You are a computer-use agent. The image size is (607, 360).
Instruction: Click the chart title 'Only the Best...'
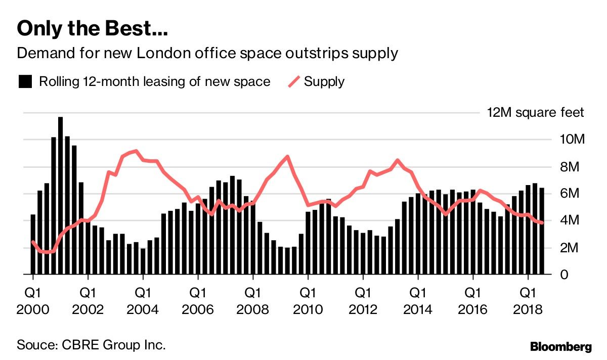pyautogui.click(x=93, y=29)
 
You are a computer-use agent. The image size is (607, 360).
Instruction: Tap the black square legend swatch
pyautogui.click(x=25, y=81)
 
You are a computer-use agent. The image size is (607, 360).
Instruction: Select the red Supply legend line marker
pyautogui.click(x=293, y=81)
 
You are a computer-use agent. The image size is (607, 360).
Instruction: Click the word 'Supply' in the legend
pyautogui.click(x=324, y=81)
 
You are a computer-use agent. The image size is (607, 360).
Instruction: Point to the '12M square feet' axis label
pyautogui.click(x=535, y=112)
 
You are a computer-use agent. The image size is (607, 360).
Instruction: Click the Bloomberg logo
pyautogui.click(x=560, y=347)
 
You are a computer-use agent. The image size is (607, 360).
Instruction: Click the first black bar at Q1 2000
pyautogui.click(x=33, y=245)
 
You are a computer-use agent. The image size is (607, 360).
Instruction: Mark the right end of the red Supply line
pyautogui.click(x=542, y=222)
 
